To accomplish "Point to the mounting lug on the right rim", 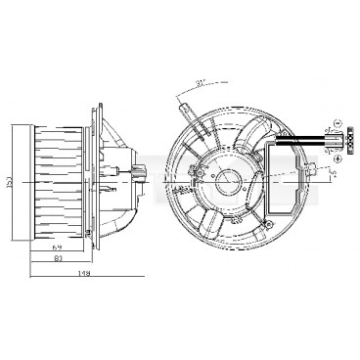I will (311, 174).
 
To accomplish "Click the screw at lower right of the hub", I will (263, 209).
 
